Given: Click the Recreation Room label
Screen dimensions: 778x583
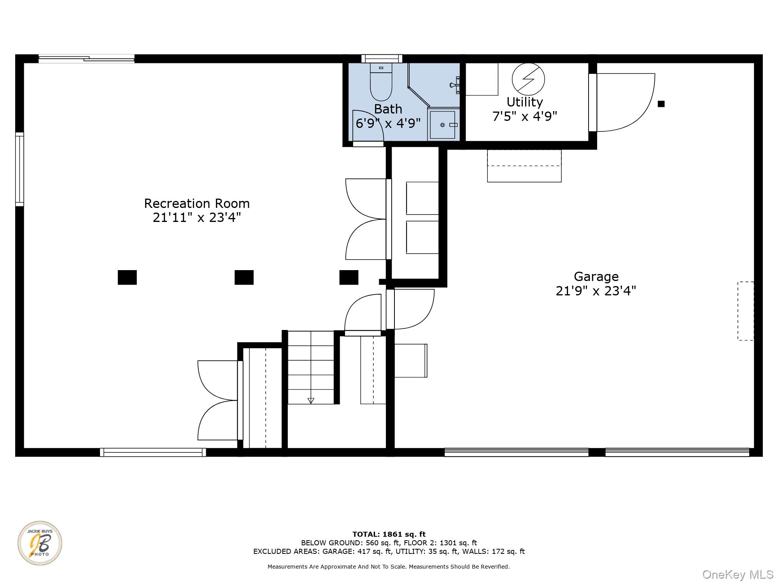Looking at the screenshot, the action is [x=197, y=203].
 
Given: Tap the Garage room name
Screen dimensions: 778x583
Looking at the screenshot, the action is [x=596, y=276].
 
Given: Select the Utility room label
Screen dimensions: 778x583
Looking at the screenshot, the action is [x=524, y=102].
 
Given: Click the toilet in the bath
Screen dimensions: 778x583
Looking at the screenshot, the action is [x=381, y=82].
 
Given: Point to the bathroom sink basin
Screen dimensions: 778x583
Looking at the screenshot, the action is [x=442, y=125].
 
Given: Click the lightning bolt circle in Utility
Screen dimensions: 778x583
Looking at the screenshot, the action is [x=528, y=79].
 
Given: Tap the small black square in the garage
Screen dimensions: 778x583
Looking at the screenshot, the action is [x=661, y=104].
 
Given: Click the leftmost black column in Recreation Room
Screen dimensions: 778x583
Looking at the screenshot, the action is [x=127, y=278].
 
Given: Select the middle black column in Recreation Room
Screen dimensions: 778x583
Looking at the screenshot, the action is [x=244, y=278].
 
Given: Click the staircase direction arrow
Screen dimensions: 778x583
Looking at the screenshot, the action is [x=311, y=401].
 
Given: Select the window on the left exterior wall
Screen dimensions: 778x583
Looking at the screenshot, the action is [x=19, y=169].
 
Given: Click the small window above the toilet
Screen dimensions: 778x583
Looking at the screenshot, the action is [x=382, y=59].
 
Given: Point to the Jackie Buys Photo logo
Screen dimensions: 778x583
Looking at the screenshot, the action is [x=40, y=543].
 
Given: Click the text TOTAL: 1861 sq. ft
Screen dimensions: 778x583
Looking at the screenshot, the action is [x=389, y=534].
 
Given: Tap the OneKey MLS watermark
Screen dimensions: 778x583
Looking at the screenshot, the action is [x=738, y=574].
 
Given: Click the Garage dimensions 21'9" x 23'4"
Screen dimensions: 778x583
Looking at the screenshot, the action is [x=596, y=291].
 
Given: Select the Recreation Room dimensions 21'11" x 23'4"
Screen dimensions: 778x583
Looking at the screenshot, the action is [x=197, y=218].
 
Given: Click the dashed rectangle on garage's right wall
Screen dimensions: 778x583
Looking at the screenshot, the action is [x=746, y=311].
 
